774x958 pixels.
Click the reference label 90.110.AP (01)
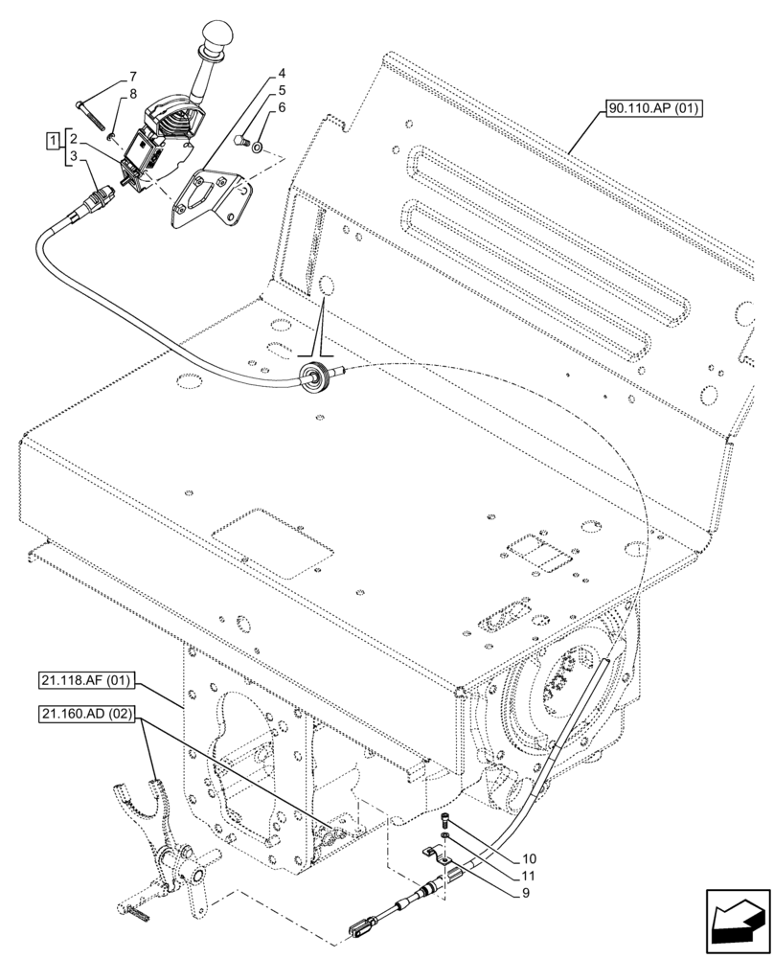(653, 108)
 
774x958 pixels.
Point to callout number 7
(133, 76)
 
